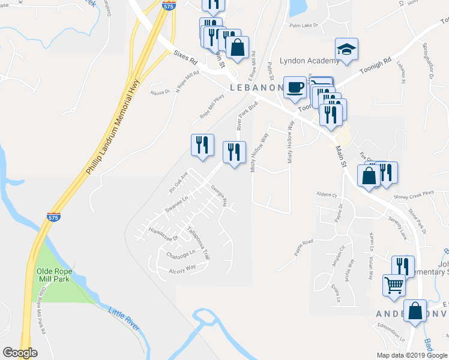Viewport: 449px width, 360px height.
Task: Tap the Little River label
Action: tap(124, 318)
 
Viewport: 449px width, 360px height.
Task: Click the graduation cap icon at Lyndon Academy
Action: tap(346, 49)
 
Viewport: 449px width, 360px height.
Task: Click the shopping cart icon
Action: tap(395, 286)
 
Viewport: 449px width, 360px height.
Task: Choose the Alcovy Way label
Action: tap(182, 268)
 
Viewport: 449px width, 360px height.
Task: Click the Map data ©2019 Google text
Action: tap(411, 355)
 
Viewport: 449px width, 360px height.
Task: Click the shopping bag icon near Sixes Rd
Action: tap(238, 48)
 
